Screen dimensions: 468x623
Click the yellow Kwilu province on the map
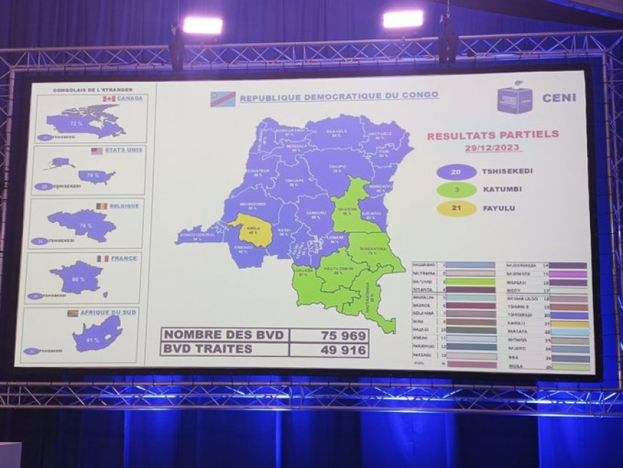click(x=252, y=229)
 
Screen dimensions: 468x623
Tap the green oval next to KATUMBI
click(x=455, y=189)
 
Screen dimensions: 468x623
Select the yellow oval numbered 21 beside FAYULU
click(x=455, y=208)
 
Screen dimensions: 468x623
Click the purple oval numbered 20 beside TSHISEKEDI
click(x=455, y=171)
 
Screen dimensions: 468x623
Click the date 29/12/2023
click(x=493, y=148)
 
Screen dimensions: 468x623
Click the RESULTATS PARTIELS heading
click(x=493, y=134)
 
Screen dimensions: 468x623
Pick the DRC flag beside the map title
click(x=223, y=99)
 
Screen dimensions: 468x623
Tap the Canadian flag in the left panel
click(x=109, y=99)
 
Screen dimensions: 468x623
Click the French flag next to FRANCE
click(x=102, y=258)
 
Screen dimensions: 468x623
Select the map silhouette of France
click(x=77, y=277)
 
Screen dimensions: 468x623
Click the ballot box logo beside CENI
click(x=515, y=98)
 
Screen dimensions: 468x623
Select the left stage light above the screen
click(x=203, y=26)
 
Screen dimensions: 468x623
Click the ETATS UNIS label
click(x=123, y=151)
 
